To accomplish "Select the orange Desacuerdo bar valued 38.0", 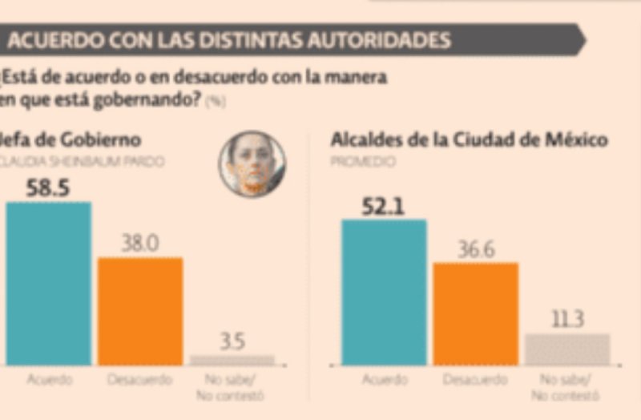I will (x=140, y=311).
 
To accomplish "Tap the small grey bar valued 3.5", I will (x=232, y=360).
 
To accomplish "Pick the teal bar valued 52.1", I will (x=384, y=293).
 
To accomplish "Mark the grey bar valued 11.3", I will (x=567, y=349).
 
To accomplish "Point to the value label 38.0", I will (x=139, y=244).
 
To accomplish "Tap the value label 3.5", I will (x=232, y=341).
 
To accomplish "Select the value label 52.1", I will (x=383, y=208).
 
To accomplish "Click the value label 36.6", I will (x=476, y=249).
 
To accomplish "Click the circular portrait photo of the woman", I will (x=252, y=164).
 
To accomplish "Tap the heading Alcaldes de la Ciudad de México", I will (x=469, y=140).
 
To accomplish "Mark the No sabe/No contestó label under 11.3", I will (x=567, y=386).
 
